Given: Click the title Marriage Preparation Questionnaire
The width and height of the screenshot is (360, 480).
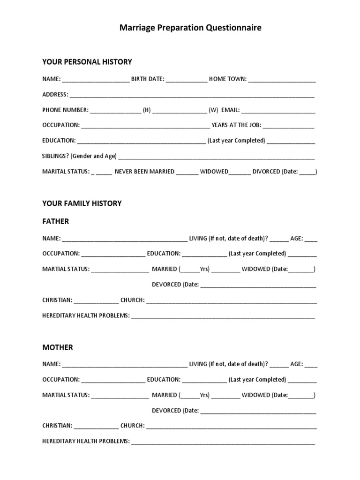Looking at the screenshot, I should [x=190, y=28].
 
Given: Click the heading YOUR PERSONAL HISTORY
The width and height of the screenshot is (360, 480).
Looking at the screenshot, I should [x=87, y=62].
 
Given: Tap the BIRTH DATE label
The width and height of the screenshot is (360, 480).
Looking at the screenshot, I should [x=148, y=79].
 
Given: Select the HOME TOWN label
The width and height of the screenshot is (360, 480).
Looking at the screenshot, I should [x=228, y=79].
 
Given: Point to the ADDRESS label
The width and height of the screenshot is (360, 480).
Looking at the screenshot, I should [x=55, y=95].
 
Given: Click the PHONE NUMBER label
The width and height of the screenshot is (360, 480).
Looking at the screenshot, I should [x=65, y=110].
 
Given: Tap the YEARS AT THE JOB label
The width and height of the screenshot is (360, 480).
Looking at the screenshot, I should [x=236, y=125].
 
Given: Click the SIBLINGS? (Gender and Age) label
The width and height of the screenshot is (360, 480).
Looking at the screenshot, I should [x=79, y=156].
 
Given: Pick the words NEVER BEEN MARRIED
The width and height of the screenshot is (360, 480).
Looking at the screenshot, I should [x=144, y=172].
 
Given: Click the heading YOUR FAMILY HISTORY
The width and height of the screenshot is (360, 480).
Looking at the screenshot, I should [x=82, y=203].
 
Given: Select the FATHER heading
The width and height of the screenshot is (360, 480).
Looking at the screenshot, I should [x=56, y=221].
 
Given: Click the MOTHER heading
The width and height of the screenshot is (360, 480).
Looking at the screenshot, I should [x=58, y=347].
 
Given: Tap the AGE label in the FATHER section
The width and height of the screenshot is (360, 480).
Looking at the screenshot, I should [x=297, y=239].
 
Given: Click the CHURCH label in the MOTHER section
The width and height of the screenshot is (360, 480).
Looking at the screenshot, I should [x=132, y=426].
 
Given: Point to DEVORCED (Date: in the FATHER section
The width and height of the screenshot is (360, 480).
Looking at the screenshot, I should [x=175, y=285].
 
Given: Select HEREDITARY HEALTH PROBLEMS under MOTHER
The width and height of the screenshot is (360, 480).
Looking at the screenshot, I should [x=86, y=441].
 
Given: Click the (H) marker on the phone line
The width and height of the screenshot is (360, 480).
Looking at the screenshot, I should [x=147, y=110].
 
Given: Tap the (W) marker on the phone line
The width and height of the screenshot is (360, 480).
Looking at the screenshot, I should [x=214, y=110].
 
